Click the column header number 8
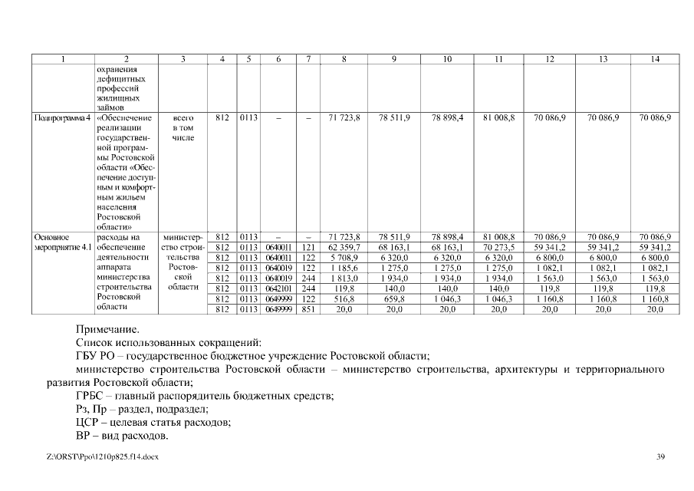pos(344,59)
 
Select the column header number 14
pos(654,59)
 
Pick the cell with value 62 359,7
pos(344,248)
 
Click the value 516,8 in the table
pos(344,298)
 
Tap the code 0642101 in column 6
pos(278,288)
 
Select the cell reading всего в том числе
pos(183,127)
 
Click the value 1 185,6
pos(344,269)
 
